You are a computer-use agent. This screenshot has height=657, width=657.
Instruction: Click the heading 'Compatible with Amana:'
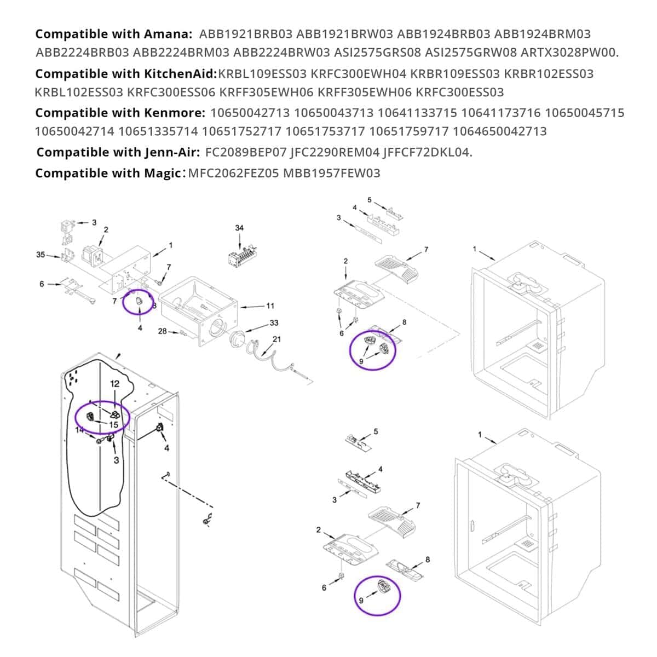click(x=113, y=34)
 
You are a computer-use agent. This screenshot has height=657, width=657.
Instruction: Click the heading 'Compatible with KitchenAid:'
click(x=126, y=73)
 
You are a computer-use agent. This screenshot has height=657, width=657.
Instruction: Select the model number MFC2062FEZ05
click(x=233, y=173)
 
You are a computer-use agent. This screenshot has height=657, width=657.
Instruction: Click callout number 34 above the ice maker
click(x=239, y=228)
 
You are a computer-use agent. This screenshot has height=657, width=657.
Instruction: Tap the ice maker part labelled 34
click(x=240, y=257)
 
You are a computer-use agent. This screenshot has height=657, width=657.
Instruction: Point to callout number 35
click(x=41, y=255)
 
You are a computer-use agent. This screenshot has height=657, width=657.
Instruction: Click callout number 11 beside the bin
click(x=270, y=306)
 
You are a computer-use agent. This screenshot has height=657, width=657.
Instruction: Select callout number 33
click(x=274, y=323)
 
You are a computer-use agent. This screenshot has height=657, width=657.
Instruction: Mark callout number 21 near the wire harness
click(x=276, y=339)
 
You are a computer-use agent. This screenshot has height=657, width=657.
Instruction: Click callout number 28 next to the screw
click(x=163, y=331)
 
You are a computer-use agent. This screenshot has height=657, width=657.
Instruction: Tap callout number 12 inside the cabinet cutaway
click(x=114, y=384)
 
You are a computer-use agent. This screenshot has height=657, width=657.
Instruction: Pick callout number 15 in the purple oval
click(x=114, y=424)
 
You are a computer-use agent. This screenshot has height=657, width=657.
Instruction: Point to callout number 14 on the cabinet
click(x=80, y=430)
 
